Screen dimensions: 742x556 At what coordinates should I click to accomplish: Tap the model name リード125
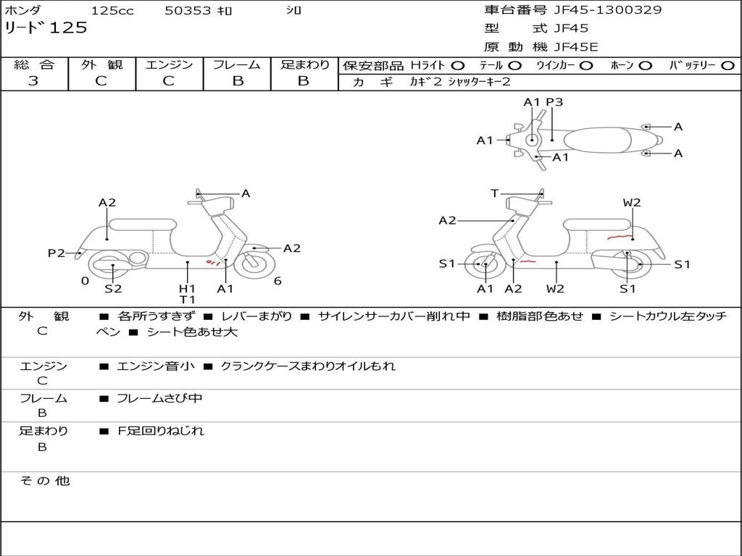pos(46,28)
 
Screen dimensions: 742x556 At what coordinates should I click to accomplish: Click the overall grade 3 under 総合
pos(33,81)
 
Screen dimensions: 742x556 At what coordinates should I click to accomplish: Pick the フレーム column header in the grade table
pos(237,65)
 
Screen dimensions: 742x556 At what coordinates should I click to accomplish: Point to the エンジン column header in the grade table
pos(169,65)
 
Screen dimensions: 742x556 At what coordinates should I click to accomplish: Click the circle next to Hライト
pos(458,66)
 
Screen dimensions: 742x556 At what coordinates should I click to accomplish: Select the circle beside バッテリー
pos(728,66)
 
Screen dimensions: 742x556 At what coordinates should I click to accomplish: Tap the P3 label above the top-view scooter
pos(554,102)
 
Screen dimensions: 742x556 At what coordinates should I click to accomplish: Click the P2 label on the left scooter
pos(57,253)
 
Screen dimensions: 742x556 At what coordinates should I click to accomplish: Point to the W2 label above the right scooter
pos(632,203)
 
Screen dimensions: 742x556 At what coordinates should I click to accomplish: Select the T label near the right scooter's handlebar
pos(494,193)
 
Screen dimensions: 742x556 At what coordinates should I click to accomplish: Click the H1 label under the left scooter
pos(188,288)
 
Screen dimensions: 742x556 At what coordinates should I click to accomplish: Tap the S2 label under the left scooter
pos(113,289)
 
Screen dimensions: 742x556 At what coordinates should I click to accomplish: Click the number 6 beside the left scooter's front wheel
pos(278,281)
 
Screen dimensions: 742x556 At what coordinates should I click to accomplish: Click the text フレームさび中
pos(160,398)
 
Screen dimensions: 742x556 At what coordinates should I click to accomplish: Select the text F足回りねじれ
pos(161,431)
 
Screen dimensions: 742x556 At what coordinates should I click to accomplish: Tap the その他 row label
pos(45,481)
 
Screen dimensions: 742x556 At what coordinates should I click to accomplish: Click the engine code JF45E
pos(576,47)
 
